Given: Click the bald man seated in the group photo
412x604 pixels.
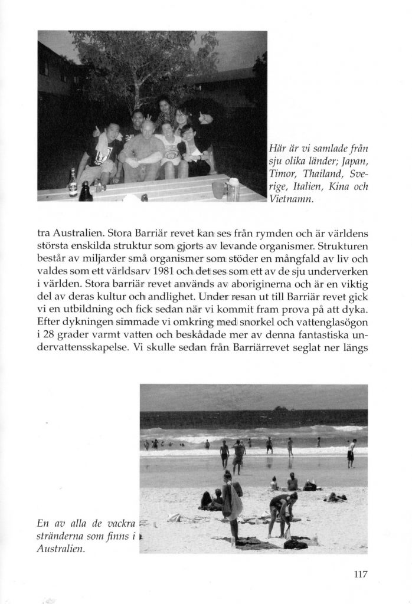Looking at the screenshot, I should tap(141, 152).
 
